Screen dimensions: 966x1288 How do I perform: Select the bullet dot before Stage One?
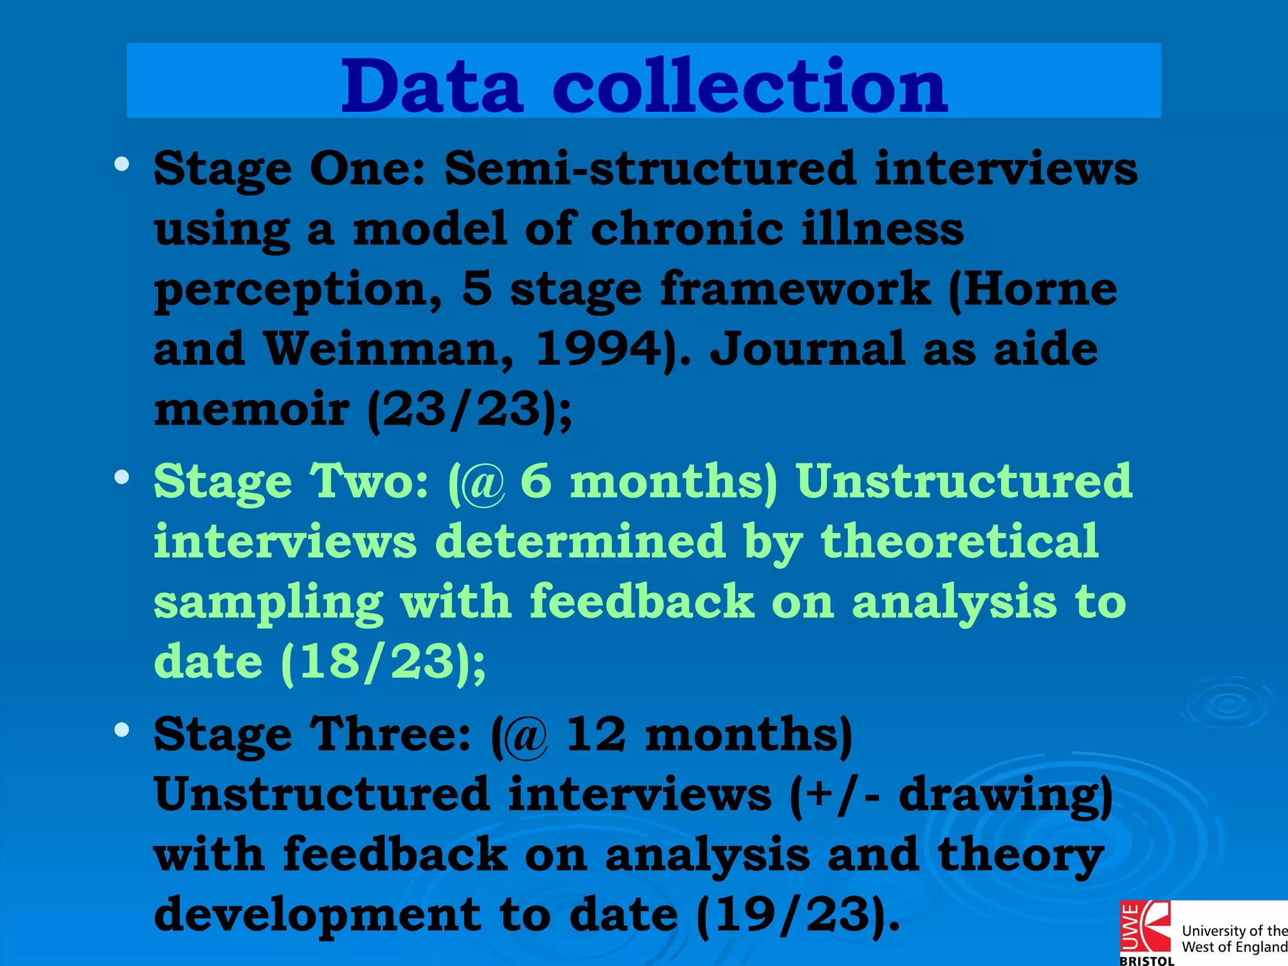pos(121,165)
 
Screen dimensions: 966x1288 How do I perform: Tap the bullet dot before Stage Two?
pos(121,477)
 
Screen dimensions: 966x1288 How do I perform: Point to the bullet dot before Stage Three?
pos(121,730)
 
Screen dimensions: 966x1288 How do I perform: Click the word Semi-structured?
pos(650,169)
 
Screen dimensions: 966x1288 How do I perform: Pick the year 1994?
pos(597,349)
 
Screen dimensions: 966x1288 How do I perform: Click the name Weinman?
pos(387,349)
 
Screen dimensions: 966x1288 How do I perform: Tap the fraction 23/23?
pos(462,409)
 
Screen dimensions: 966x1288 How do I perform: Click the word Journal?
pos(808,349)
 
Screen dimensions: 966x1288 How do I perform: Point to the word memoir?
pos(252,409)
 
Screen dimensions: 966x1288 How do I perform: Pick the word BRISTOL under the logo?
pos(1146,960)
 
